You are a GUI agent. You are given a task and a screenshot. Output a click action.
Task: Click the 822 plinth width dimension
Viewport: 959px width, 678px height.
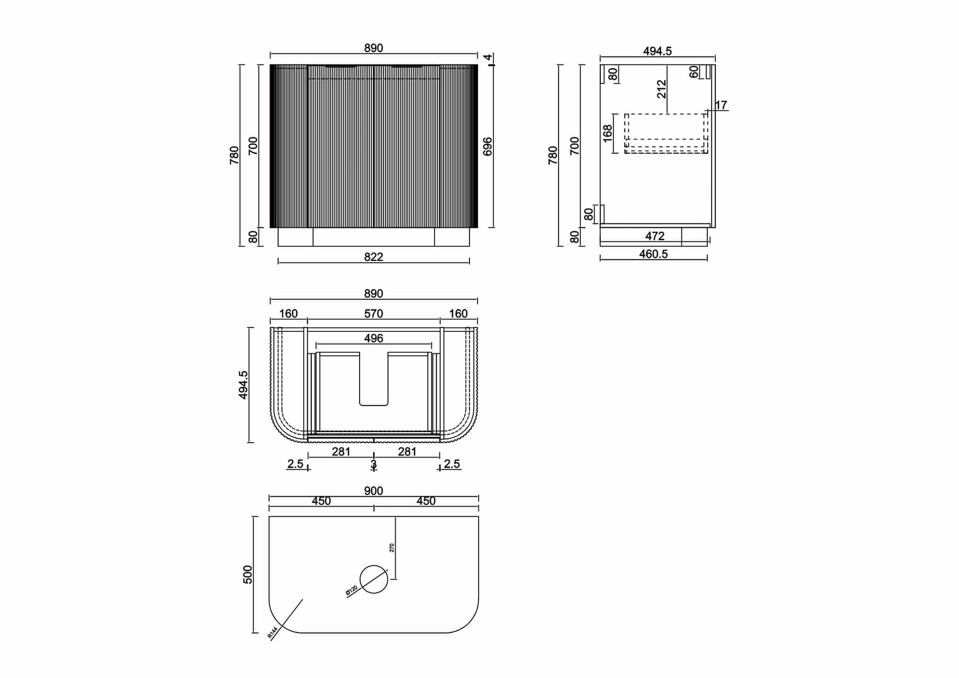coord(374,257)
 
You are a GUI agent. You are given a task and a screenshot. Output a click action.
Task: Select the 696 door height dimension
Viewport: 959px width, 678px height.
coord(487,146)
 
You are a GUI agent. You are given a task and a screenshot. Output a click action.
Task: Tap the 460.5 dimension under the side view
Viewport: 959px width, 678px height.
coord(653,254)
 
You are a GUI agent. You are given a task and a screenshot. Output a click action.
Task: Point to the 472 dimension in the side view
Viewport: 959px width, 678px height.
coord(655,236)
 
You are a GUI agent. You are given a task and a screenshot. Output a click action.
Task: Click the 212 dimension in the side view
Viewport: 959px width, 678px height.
coord(661,89)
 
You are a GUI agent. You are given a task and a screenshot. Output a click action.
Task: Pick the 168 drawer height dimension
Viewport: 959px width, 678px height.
coord(607,133)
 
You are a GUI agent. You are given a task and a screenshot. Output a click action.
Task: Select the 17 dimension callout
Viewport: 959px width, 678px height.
coord(721,105)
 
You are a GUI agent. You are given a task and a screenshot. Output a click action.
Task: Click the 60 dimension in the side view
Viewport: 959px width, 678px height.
coord(694,72)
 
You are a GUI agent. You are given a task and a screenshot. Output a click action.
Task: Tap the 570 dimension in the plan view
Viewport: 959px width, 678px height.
coord(374,314)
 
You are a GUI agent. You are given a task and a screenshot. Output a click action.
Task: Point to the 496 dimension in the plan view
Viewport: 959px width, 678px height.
coord(374,338)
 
